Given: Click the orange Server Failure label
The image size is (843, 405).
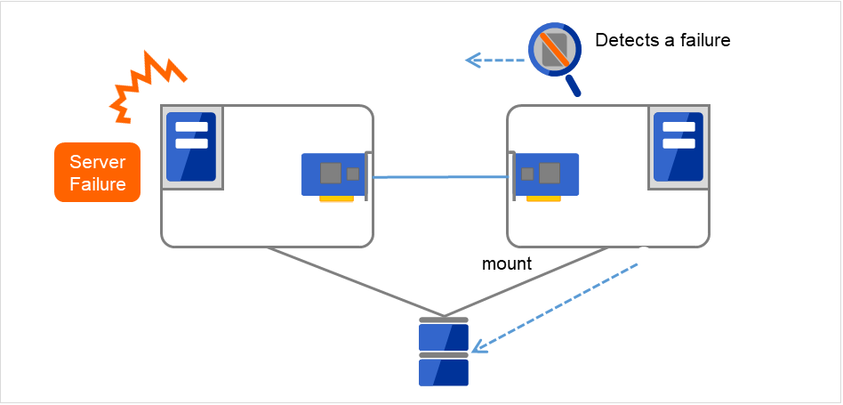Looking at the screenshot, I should tap(97, 173).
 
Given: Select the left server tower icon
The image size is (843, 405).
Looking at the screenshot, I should tap(191, 147).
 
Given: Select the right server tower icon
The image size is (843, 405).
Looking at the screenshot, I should tap(679, 147).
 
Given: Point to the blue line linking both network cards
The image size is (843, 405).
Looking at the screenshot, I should tap(440, 177).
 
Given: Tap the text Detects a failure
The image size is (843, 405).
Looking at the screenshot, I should tap(662, 40).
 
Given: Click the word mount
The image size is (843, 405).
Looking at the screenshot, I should tap(507, 263).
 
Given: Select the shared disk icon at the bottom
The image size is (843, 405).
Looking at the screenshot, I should tap(444, 352).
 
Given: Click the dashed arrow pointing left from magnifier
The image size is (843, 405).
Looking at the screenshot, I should tap(495, 61).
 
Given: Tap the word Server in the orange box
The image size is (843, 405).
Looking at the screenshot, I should tap(97, 162).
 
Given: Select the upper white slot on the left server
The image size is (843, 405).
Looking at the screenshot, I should tap(191, 127).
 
